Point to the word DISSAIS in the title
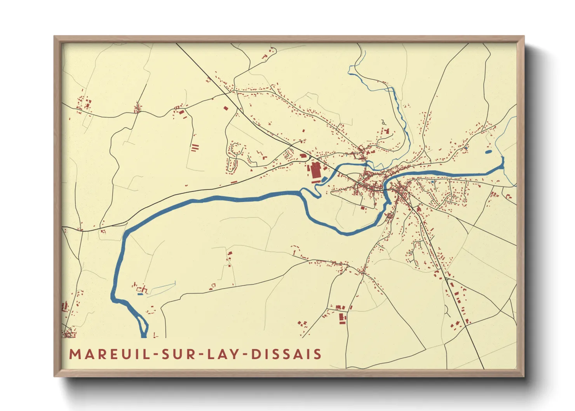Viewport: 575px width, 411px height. (286, 354)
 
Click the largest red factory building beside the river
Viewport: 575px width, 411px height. (315, 171)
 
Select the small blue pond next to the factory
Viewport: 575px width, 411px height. (324, 179)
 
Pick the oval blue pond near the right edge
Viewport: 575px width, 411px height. (488, 152)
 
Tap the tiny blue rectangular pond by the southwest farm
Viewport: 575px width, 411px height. (140, 294)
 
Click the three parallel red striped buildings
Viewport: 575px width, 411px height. (195, 147)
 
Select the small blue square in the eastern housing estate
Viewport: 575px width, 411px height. (433, 181)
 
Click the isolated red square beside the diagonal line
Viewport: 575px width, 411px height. (225, 108)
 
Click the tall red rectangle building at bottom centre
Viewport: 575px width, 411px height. (342, 318)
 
